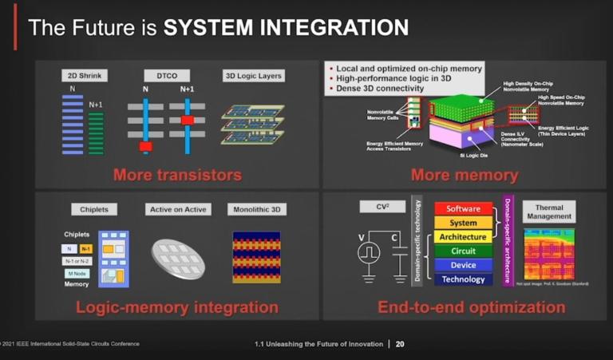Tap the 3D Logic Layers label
(x=253, y=77)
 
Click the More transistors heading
(x=176, y=174)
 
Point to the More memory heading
(x=464, y=174)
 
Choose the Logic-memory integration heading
(x=176, y=307)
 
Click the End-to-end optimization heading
(x=471, y=307)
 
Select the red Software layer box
(x=463, y=209)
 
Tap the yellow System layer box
(x=463, y=224)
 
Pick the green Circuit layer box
(x=463, y=251)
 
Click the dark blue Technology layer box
(x=463, y=279)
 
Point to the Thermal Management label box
(x=548, y=212)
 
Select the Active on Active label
(x=176, y=210)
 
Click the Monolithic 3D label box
(x=255, y=210)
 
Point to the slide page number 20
(x=400, y=344)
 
